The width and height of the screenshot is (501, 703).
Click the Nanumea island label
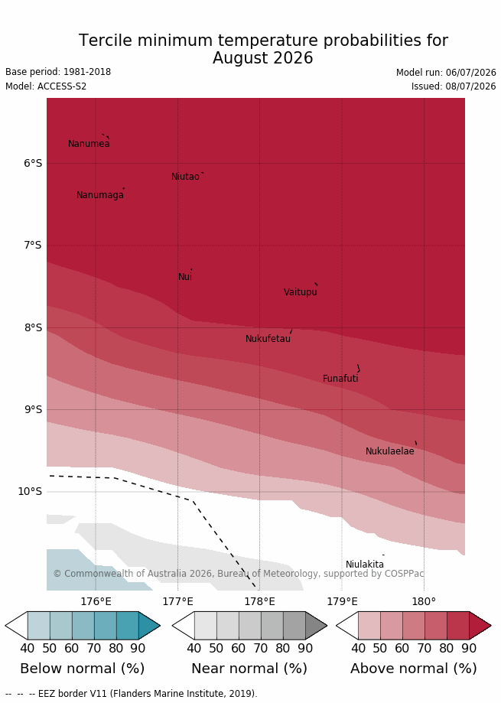(x=89, y=144)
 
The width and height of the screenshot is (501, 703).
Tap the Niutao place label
(x=185, y=177)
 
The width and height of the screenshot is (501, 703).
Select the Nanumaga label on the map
(x=100, y=195)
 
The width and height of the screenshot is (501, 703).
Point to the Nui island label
(x=185, y=277)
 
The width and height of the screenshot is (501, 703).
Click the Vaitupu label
(x=301, y=292)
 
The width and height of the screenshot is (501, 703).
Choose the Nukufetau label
(x=268, y=339)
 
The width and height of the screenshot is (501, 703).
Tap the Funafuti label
(x=340, y=379)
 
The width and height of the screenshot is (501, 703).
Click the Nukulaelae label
(x=390, y=451)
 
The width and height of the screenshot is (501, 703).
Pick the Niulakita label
(x=365, y=565)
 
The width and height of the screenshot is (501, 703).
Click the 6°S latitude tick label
(x=33, y=163)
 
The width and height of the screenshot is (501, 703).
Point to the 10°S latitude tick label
(x=30, y=491)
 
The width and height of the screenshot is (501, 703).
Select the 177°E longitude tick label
(x=178, y=601)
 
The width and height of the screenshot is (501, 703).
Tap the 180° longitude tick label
(x=424, y=601)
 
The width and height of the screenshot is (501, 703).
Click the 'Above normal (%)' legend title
(x=414, y=669)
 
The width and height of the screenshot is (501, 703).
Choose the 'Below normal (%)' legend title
(x=83, y=669)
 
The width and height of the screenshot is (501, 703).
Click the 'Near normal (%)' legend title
(x=249, y=669)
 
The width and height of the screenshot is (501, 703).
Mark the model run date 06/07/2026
(x=470, y=73)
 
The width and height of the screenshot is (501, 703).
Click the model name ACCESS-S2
(x=62, y=86)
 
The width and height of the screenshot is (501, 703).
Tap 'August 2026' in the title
(x=263, y=58)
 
